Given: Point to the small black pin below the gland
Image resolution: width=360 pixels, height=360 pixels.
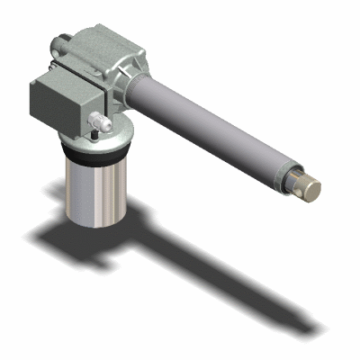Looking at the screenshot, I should (x=93, y=136).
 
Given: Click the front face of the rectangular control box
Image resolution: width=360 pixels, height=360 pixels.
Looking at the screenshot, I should (x=54, y=104).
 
